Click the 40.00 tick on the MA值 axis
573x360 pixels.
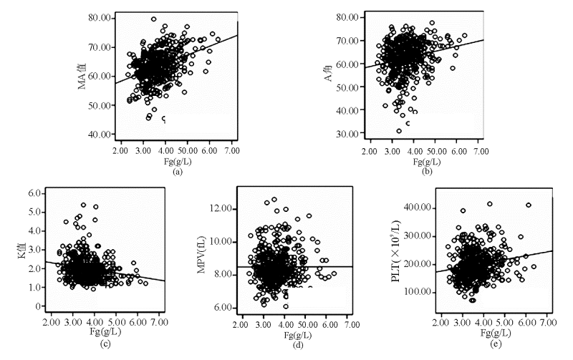click(95, 135)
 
